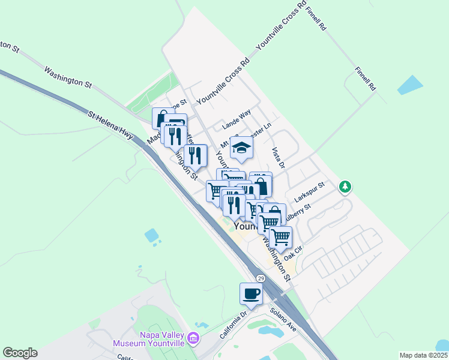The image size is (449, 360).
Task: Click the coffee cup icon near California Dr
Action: point(251,294)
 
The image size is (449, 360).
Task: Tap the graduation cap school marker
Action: point(241,148)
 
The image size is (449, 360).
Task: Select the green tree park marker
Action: point(345,187)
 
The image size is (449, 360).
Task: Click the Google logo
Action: point(20,353)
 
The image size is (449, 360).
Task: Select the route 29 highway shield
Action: point(261,279)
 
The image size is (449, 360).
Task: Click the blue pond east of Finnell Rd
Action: point(410,85)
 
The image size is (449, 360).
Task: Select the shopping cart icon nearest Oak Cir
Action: point(280,237)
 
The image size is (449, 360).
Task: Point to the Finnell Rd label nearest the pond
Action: point(364,78)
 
